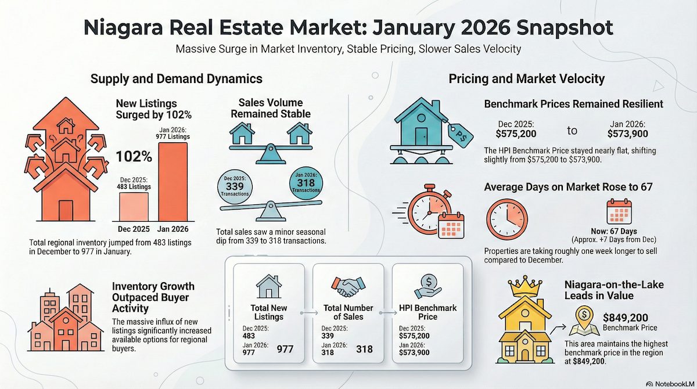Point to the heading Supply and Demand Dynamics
[x=175, y=78]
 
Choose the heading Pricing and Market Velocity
[x=527, y=78]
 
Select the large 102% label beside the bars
[x=134, y=156]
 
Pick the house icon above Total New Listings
[x=268, y=287]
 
